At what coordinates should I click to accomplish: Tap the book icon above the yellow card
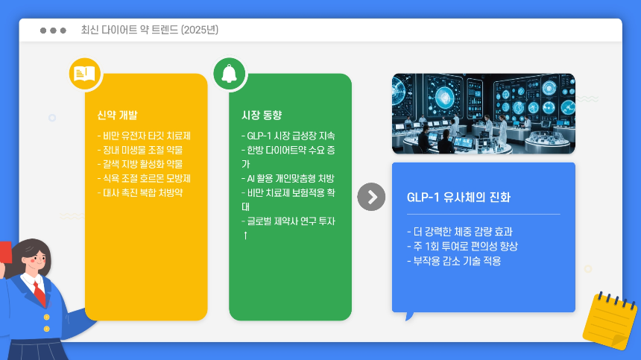[x=84, y=74]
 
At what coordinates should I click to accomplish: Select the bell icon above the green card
[x=229, y=73]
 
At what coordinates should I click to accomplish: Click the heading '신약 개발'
[x=117, y=115]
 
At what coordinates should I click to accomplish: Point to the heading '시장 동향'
[x=262, y=115]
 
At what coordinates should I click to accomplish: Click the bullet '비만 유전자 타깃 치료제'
[x=144, y=136]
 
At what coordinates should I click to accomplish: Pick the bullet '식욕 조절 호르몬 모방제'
[x=144, y=178]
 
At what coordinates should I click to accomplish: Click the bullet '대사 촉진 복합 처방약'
[x=140, y=192]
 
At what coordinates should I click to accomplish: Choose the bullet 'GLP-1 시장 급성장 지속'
[x=288, y=136]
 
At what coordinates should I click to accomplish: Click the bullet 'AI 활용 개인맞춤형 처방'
[x=288, y=178]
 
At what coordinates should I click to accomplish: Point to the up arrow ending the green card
[x=245, y=236]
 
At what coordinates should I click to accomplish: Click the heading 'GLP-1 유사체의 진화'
[x=458, y=198]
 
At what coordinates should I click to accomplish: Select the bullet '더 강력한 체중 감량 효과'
[x=460, y=231]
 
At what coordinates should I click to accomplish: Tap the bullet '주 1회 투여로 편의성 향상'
[x=462, y=246]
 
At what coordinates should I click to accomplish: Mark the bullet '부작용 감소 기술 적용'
[x=454, y=261]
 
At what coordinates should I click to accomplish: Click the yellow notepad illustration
[x=610, y=320]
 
